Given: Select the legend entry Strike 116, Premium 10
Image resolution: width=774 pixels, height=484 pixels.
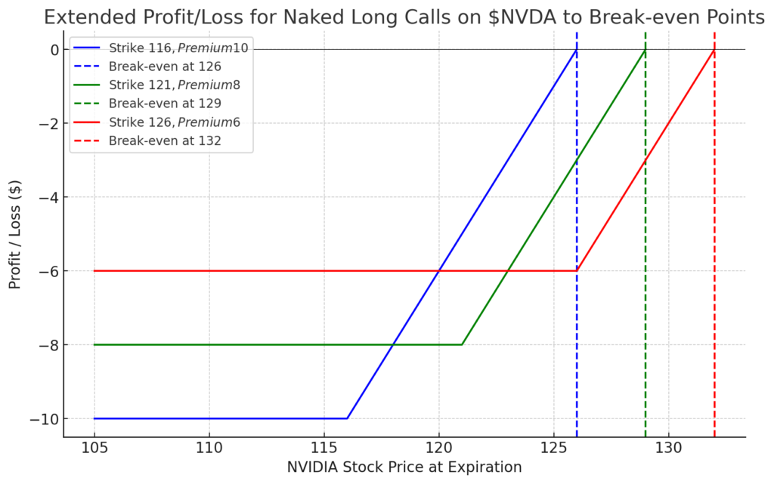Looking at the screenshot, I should click(178, 48).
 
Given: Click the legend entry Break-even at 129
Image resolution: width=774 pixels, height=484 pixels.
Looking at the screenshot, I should click(165, 103).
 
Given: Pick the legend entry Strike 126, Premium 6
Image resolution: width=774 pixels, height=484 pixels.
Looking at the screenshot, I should click(175, 122).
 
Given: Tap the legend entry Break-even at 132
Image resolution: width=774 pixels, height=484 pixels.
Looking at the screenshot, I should click(165, 140).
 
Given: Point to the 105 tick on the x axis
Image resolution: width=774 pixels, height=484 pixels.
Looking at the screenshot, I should click(94, 446).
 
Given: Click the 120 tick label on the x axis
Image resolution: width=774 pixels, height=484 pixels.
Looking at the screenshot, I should click(439, 446).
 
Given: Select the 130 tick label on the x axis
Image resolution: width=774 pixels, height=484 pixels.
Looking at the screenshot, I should click(669, 446).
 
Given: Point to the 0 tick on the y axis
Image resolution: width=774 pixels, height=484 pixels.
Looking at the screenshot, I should click(54, 50).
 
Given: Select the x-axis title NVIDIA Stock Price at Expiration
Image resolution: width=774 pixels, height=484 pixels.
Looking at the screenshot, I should click(404, 467).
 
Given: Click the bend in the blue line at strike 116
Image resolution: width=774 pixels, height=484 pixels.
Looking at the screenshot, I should click(347, 418).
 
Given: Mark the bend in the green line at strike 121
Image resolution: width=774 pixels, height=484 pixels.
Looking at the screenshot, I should click(462, 344).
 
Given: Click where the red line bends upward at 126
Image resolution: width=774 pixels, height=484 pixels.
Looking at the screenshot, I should click(577, 270).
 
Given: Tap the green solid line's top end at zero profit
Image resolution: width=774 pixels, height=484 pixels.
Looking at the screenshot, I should click(646, 50).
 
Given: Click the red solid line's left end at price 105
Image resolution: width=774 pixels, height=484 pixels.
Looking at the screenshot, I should click(94, 270).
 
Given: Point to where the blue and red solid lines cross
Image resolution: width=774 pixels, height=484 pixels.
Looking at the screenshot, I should click(439, 270).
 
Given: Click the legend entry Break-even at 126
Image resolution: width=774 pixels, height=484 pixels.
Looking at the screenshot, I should click(165, 66).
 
